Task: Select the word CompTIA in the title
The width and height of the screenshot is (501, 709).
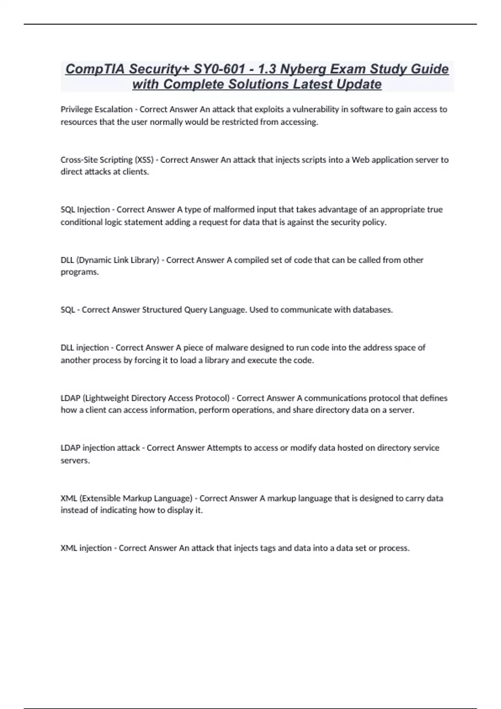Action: tap(95, 69)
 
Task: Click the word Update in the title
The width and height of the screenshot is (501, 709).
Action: tap(359, 84)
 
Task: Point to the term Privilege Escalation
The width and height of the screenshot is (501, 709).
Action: tap(96, 109)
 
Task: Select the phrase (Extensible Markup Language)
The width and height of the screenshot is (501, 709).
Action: tap(136, 498)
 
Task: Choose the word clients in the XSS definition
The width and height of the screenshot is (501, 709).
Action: tap(135, 172)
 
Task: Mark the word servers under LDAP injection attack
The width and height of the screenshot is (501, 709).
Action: tap(75, 460)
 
